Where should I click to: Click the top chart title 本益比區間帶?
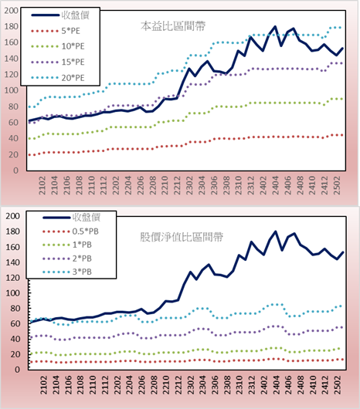(173, 26)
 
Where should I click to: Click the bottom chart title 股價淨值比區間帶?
(182, 237)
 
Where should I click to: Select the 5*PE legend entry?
(56, 31)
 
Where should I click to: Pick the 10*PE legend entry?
(58, 46)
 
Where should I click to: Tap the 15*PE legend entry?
(58, 62)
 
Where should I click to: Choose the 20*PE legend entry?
(58, 78)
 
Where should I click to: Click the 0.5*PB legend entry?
(70, 232)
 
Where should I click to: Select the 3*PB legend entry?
(67, 272)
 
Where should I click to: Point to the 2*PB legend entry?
(67, 259)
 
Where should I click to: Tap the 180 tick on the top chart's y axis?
(12, 26)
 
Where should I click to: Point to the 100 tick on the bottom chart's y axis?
(12, 293)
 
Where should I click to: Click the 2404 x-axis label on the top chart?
(276, 185)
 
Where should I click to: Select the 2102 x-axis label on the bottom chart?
(44, 385)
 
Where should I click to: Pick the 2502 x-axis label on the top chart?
(338, 185)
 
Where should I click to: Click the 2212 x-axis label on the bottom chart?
(178, 385)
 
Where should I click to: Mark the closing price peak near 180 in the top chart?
(275, 26)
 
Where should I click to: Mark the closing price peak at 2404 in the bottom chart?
(276, 232)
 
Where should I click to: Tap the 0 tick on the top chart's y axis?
(16, 171)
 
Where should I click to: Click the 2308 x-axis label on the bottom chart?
(228, 385)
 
